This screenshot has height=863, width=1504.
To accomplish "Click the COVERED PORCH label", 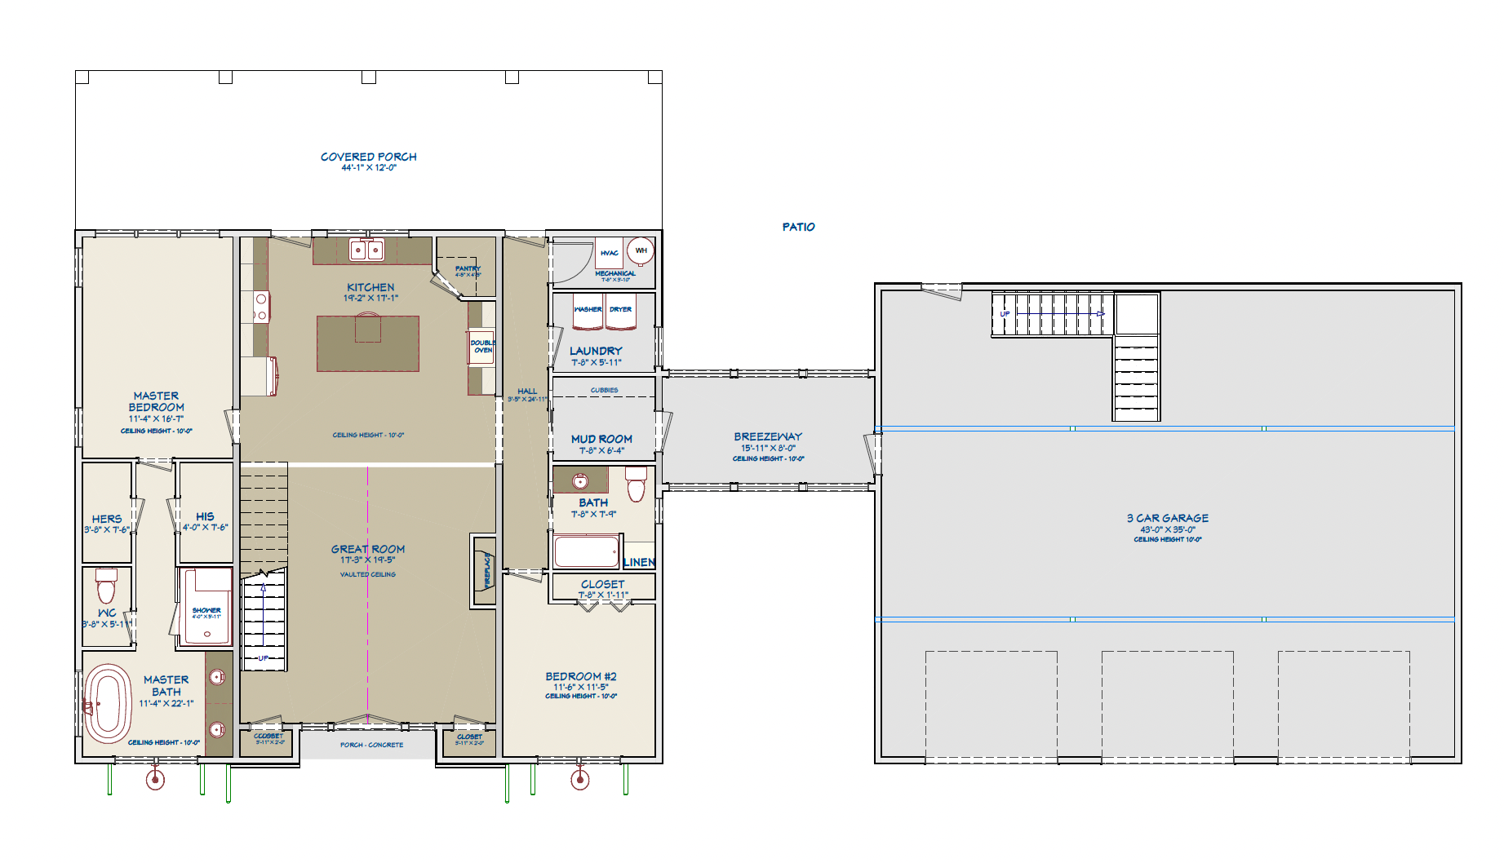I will point(368,157).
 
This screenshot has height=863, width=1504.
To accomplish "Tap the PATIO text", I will point(798,227).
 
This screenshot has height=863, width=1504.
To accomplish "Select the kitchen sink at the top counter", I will point(366,250).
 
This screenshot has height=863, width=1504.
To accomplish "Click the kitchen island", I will point(367,343).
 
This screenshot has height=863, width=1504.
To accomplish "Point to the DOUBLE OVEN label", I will point(482,346).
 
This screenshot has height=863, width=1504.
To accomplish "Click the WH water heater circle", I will point(641,250).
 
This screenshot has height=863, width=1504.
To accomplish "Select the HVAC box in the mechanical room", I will point(609,253).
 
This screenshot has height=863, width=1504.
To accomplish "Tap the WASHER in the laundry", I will point(588,311).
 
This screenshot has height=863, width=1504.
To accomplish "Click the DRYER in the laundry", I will point(620,311).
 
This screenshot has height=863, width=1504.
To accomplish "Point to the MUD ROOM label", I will point(601,439).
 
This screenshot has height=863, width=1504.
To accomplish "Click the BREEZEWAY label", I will point(767,436).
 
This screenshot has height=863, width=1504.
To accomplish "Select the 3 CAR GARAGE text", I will point(1167,518).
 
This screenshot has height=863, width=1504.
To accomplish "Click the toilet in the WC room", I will point(106,585).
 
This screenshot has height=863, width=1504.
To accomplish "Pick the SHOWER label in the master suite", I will point(206,610).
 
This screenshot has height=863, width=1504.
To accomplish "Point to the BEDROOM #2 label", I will point(580,676).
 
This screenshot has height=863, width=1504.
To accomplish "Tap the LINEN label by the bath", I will point(639,562).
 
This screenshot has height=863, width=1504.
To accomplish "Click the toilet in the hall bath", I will point(636,485).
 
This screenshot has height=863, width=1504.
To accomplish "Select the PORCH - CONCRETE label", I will point(371,745).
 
